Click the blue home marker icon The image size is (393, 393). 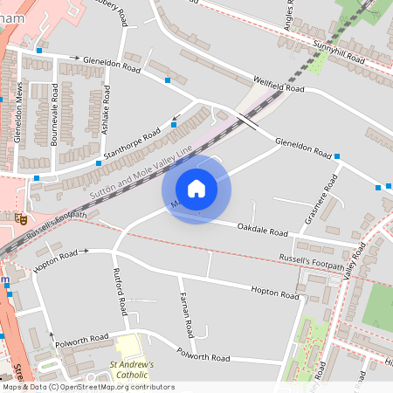(196, 189)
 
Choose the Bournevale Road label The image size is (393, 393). (55, 114)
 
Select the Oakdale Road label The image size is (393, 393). (261, 231)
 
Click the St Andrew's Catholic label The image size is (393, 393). (131, 369)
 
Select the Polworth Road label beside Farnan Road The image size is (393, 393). (203, 356)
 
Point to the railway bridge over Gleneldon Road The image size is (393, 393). (248, 122)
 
